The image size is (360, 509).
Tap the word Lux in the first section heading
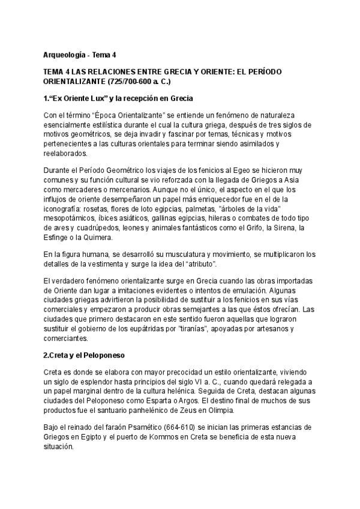(x=100, y=98)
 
